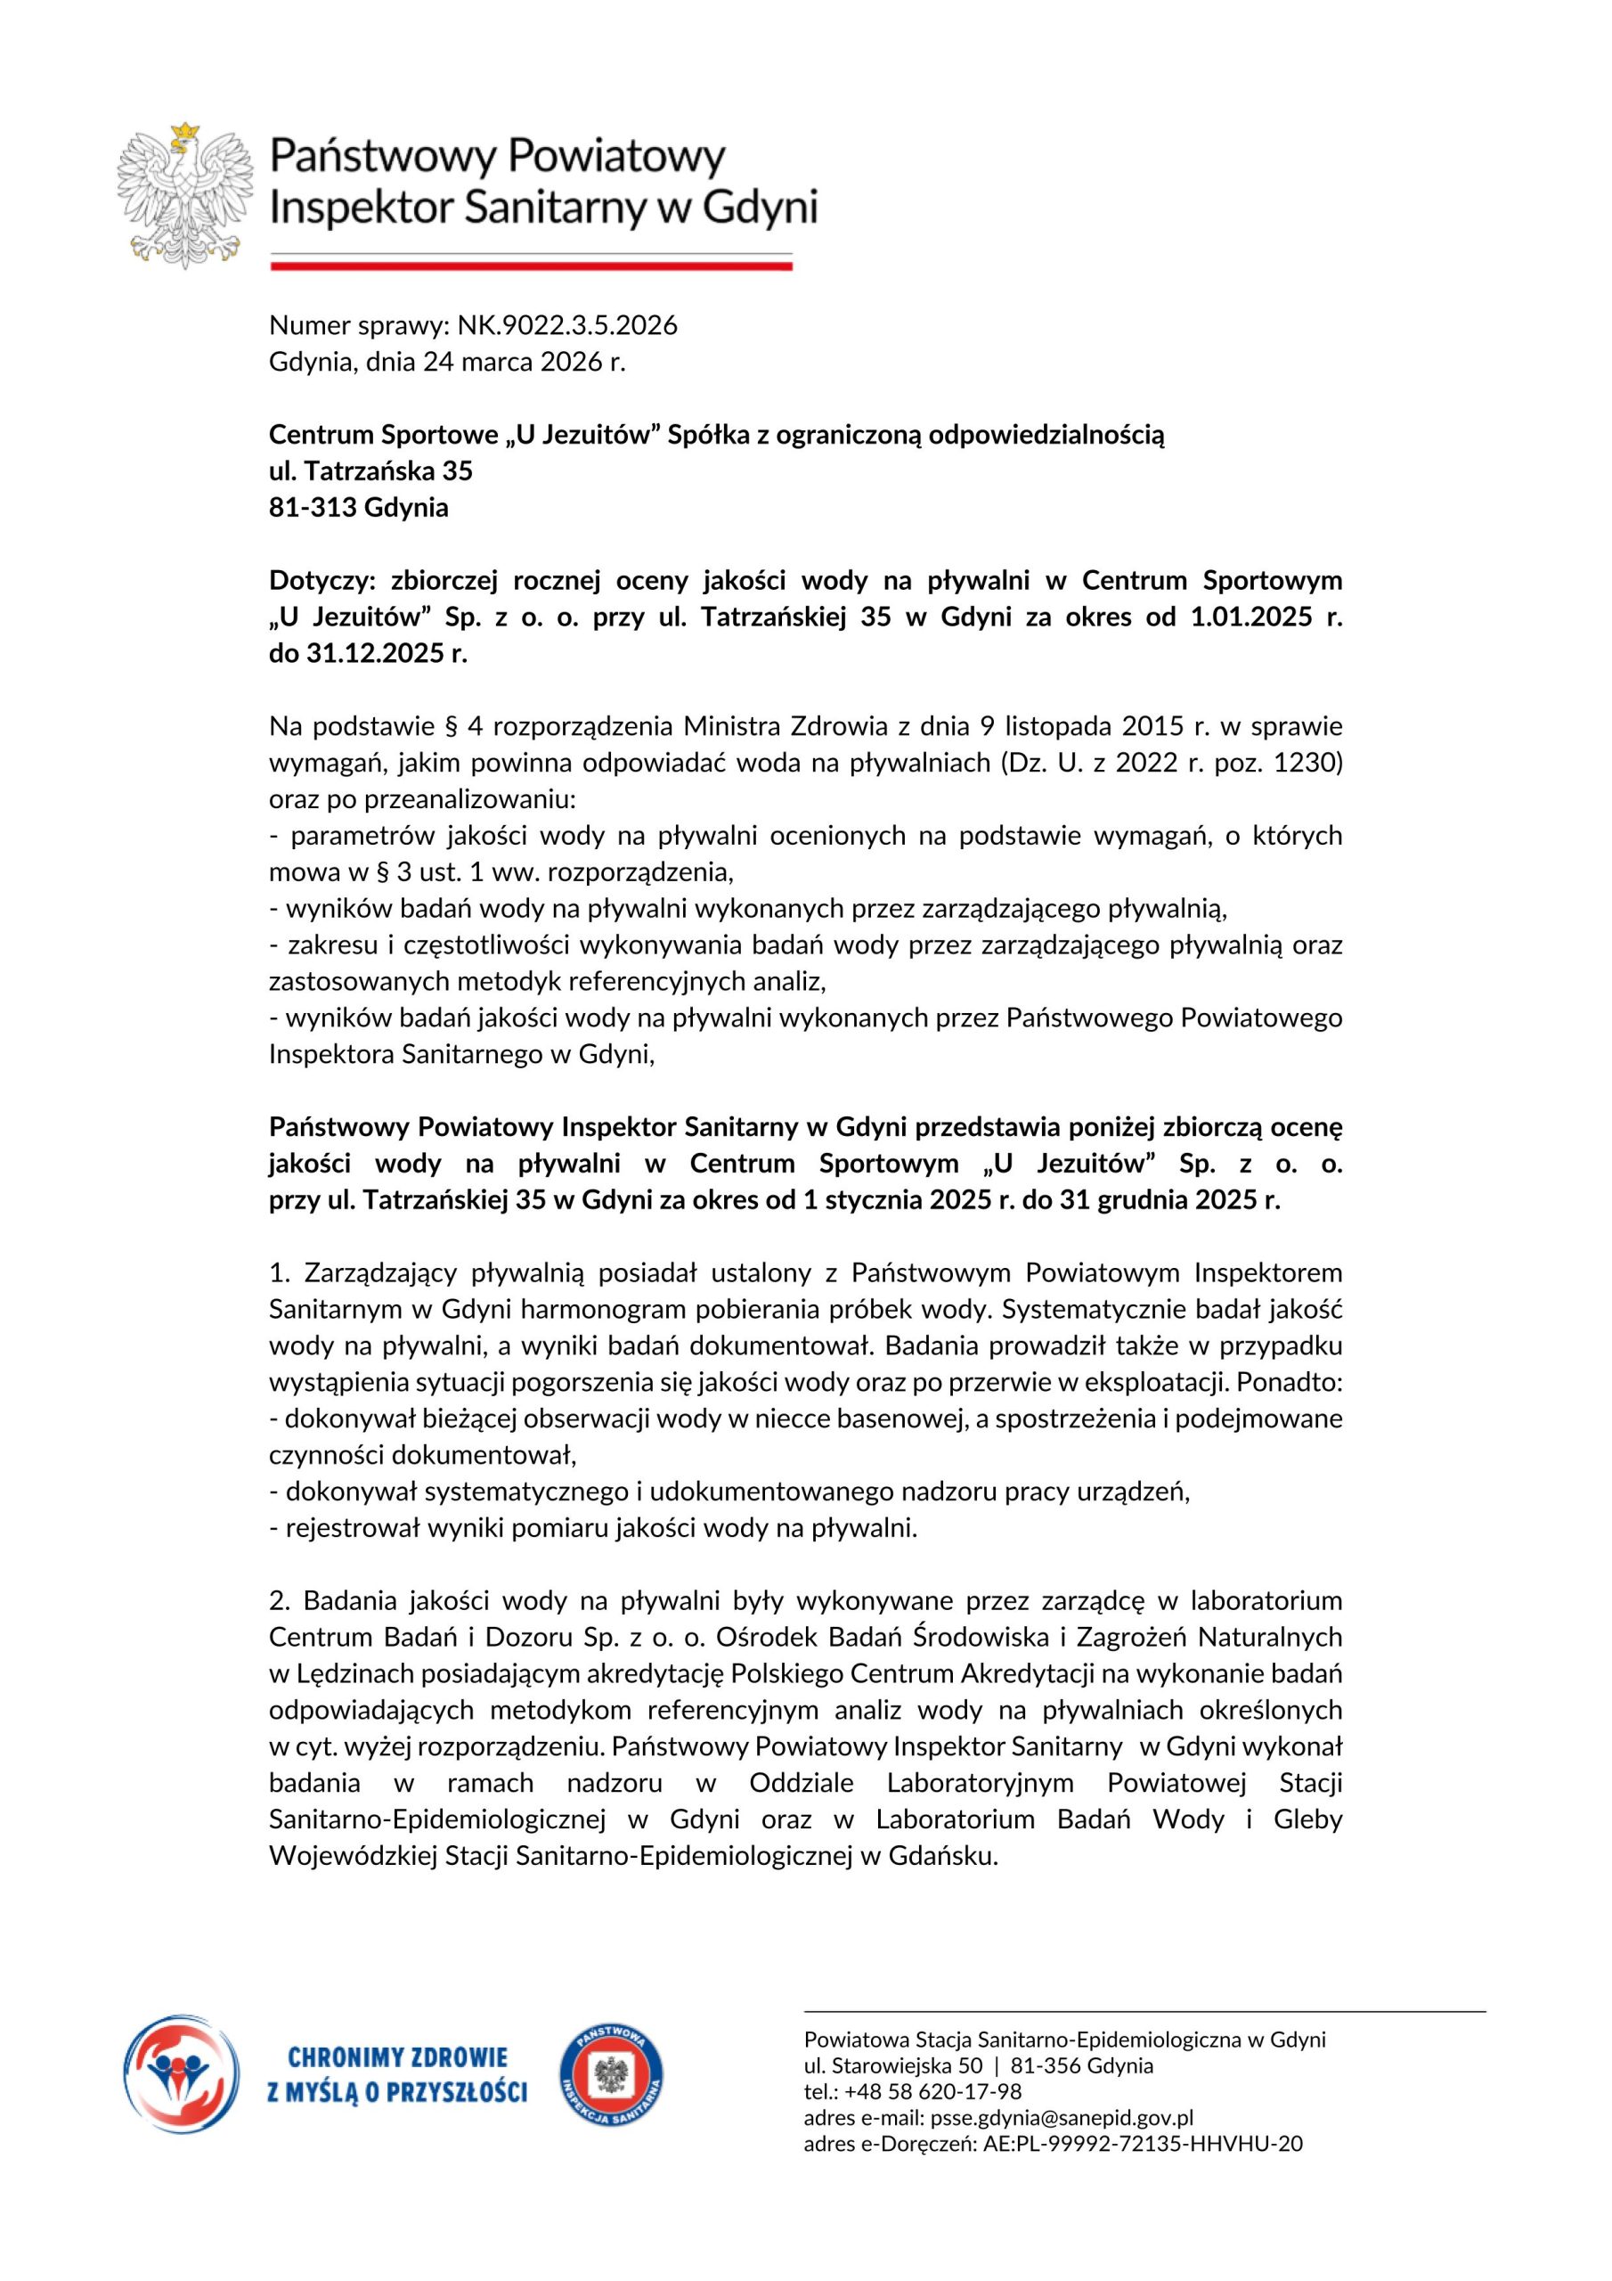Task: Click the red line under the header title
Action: tap(532, 266)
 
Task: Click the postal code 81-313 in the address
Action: tap(313, 508)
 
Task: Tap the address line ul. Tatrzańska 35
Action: tap(370, 471)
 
